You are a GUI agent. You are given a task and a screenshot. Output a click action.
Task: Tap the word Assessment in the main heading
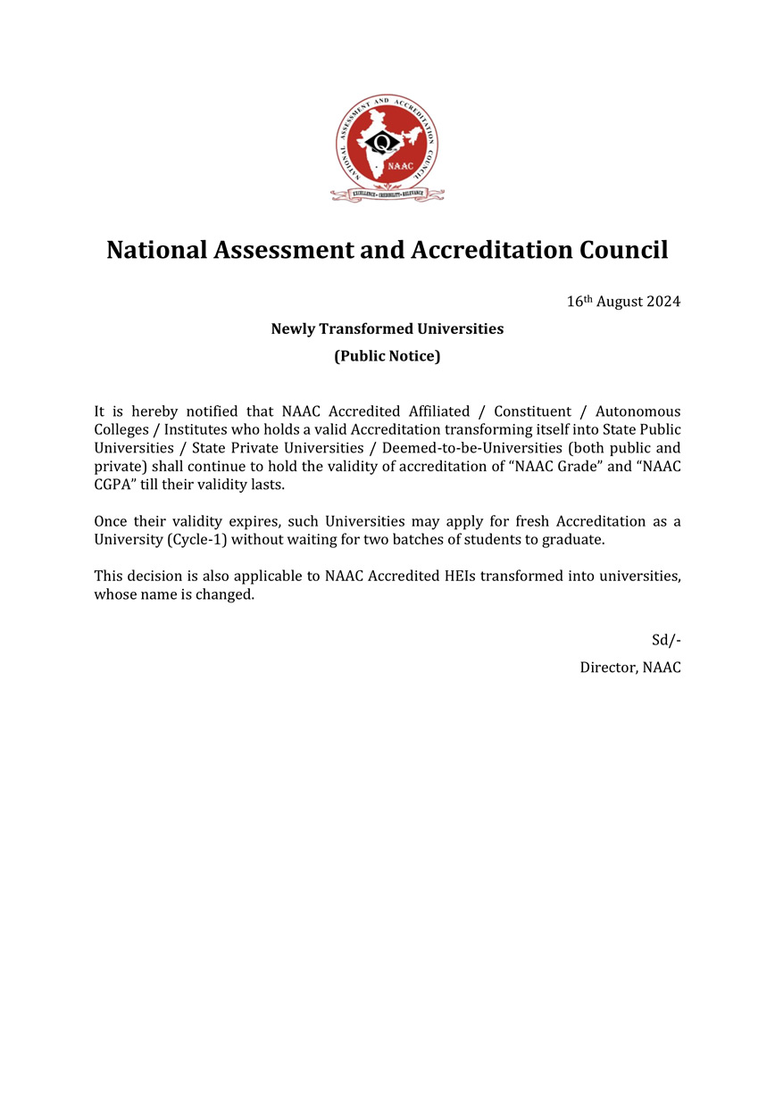click(281, 249)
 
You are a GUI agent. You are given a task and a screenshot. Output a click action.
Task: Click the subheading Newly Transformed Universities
click(387, 328)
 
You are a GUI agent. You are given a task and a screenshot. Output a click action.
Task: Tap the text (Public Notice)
click(387, 356)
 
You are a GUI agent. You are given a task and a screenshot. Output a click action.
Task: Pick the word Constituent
click(533, 411)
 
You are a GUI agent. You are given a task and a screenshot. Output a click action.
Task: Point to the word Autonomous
click(637, 411)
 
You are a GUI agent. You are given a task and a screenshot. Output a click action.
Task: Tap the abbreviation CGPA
click(113, 485)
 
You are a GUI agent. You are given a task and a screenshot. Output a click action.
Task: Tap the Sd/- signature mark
click(666, 640)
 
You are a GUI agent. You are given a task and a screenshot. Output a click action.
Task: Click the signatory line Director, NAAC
click(630, 667)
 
